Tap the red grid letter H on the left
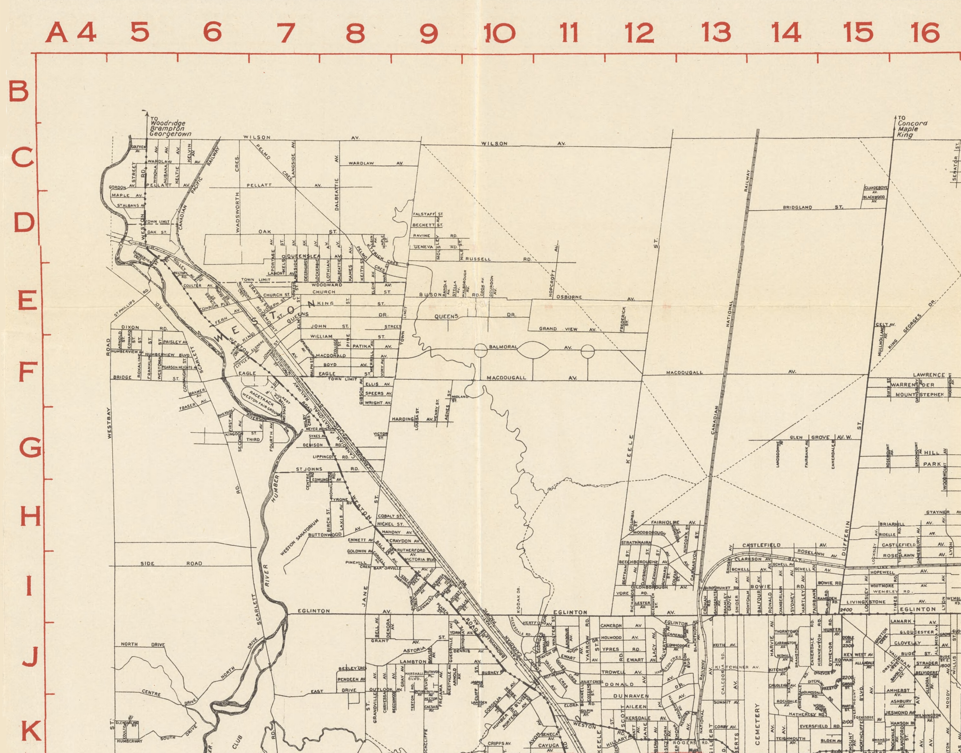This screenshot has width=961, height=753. tap(30, 516)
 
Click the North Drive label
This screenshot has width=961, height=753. tap(142, 645)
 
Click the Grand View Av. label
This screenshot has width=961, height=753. tap(567, 329)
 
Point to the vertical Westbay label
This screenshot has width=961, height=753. tap(109, 422)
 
